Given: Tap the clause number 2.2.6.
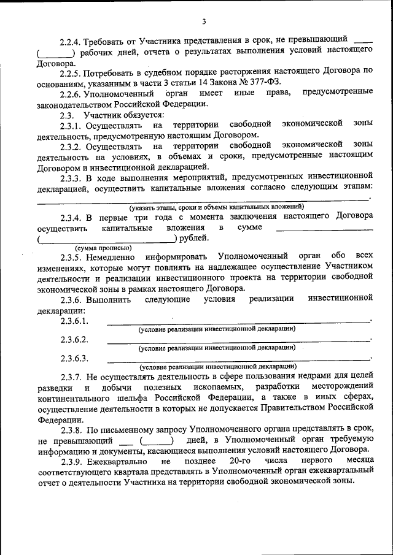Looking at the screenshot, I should coord(71,93).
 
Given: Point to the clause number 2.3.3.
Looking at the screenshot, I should coord(71,178).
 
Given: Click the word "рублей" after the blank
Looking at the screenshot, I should coord(193,238).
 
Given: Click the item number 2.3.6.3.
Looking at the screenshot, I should coord(74,358).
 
